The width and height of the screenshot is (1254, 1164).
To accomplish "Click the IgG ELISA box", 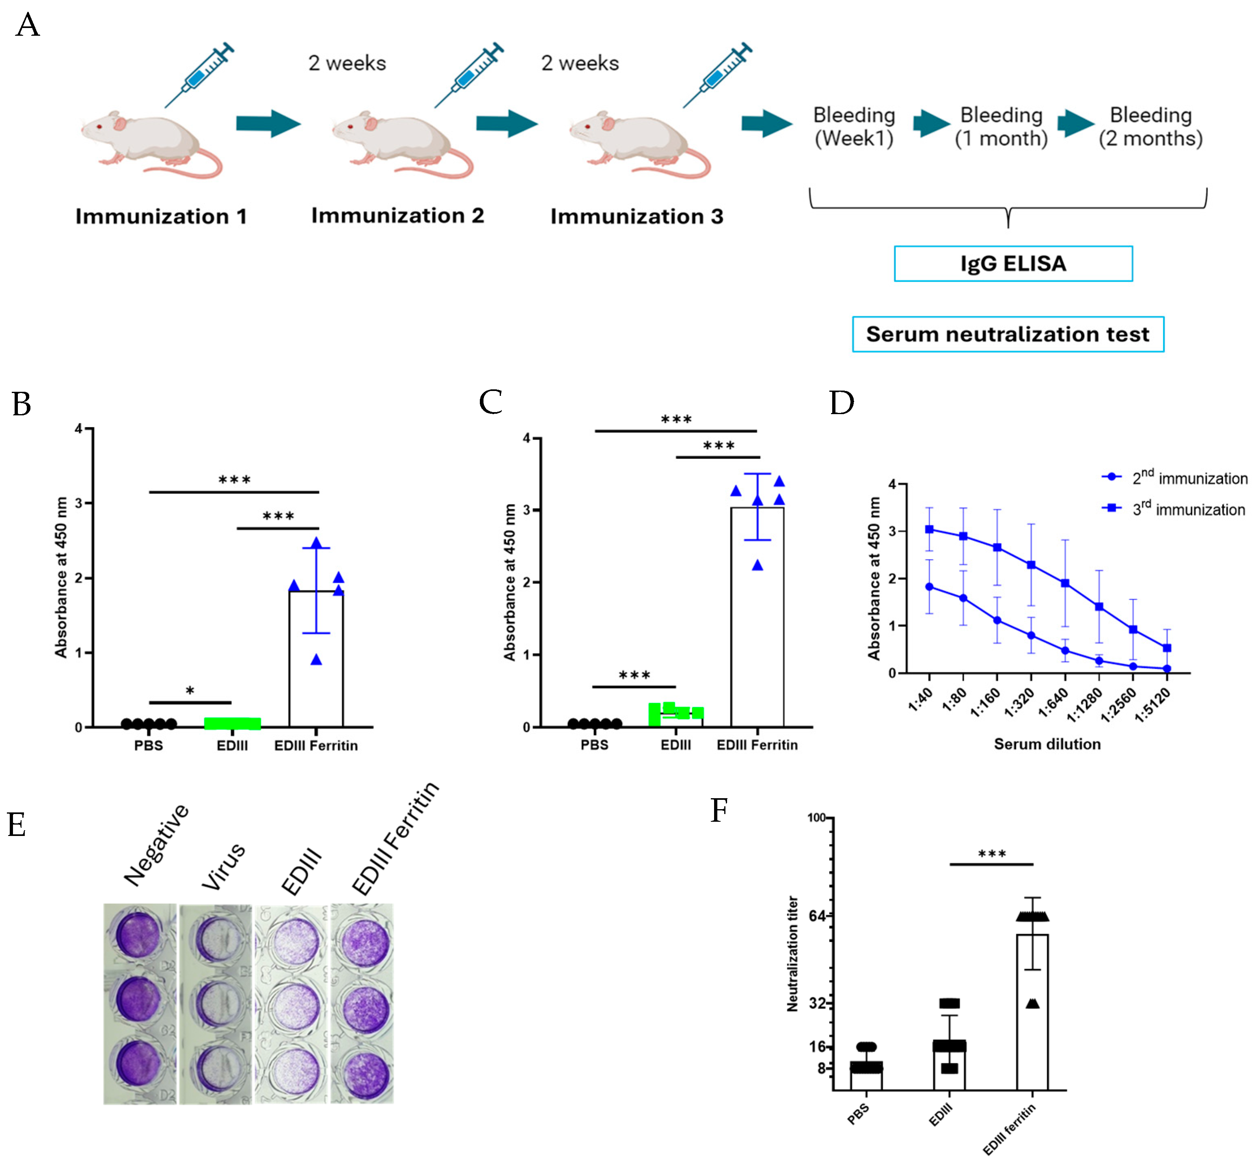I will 1013,263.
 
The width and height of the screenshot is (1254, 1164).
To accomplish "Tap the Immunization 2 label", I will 397,216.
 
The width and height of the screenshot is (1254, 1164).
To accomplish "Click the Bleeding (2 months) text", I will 1150,127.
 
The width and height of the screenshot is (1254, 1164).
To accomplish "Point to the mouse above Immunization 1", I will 151,145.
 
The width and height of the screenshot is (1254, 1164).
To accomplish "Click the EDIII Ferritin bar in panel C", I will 757,617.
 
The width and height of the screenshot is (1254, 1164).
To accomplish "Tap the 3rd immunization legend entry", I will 1175,509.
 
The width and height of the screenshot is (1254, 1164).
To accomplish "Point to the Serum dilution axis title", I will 1047,744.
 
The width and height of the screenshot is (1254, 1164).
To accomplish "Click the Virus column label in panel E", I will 224,866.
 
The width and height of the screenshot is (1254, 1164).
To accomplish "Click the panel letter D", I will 842,403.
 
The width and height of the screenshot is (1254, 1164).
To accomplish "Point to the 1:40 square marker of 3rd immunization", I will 929,529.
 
